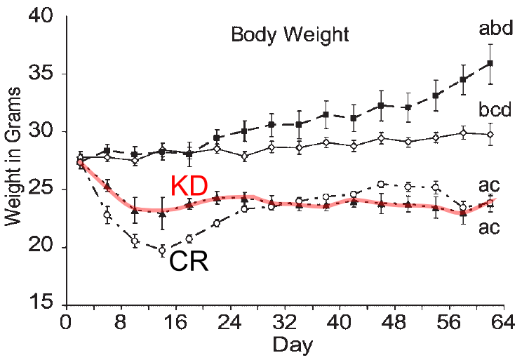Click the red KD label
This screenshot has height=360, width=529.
click(x=189, y=187)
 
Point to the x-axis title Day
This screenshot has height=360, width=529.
click(x=293, y=345)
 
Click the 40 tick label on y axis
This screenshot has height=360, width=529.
click(x=42, y=16)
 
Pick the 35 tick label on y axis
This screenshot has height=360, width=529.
click(x=42, y=74)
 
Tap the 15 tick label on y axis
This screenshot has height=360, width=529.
click(x=42, y=305)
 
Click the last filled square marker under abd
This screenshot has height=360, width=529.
click(x=490, y=63)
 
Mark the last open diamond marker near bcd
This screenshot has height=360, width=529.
click(x=490, y=134)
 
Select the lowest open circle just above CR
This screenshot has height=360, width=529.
click(x=162, y=250)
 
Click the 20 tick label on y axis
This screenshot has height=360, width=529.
click(x=42, y=247)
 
